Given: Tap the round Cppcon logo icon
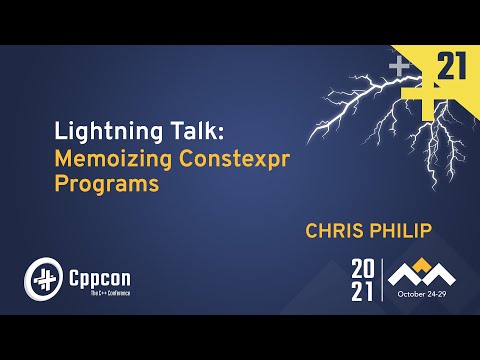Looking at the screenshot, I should point(43,277).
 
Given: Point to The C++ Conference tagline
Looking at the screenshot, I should point(98,291).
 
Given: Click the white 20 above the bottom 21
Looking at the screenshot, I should point(363,268).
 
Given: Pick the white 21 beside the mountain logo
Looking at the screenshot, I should point(363,291).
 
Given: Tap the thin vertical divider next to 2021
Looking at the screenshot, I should point(383,280).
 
